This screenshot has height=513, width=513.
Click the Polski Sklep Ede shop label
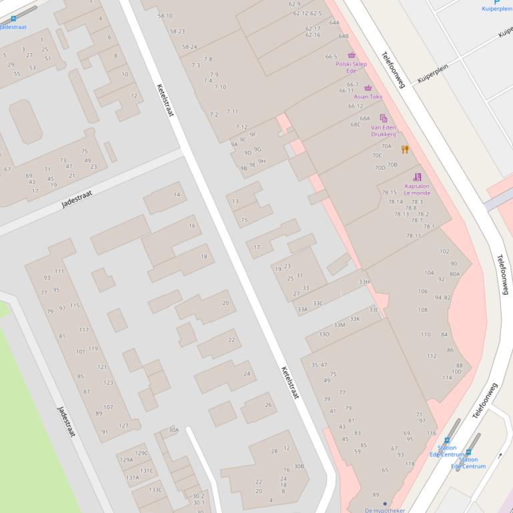[x=351, y=67]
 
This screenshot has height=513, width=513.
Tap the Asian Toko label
[x=368, y=97]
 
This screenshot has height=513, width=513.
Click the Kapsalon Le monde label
[x=417, y=190]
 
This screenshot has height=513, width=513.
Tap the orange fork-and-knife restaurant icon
[x=405, y=149]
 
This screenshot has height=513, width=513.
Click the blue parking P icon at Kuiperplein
[x=496, y=2]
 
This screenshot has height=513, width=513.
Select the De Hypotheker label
[x=384, y=510]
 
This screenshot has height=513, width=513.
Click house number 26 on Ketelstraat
[x=268, y=404]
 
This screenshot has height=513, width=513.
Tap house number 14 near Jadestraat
[x=177, y=195]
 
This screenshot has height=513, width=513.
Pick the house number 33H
[x=364, y=282]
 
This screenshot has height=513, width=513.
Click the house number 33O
[x=324, y=334]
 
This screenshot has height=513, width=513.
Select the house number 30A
[x=173, y=430]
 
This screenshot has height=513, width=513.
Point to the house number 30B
[x=299, y=466]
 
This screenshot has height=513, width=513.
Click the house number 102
[x=444, y=251]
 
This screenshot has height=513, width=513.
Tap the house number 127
[x=123, y=426]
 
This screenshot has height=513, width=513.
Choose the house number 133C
[x=155, y=490]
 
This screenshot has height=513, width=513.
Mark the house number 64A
[x=334, y=23]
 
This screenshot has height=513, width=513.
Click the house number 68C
[x=356, y=125]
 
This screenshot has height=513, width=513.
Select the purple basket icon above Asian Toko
[x=368, y=88]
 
